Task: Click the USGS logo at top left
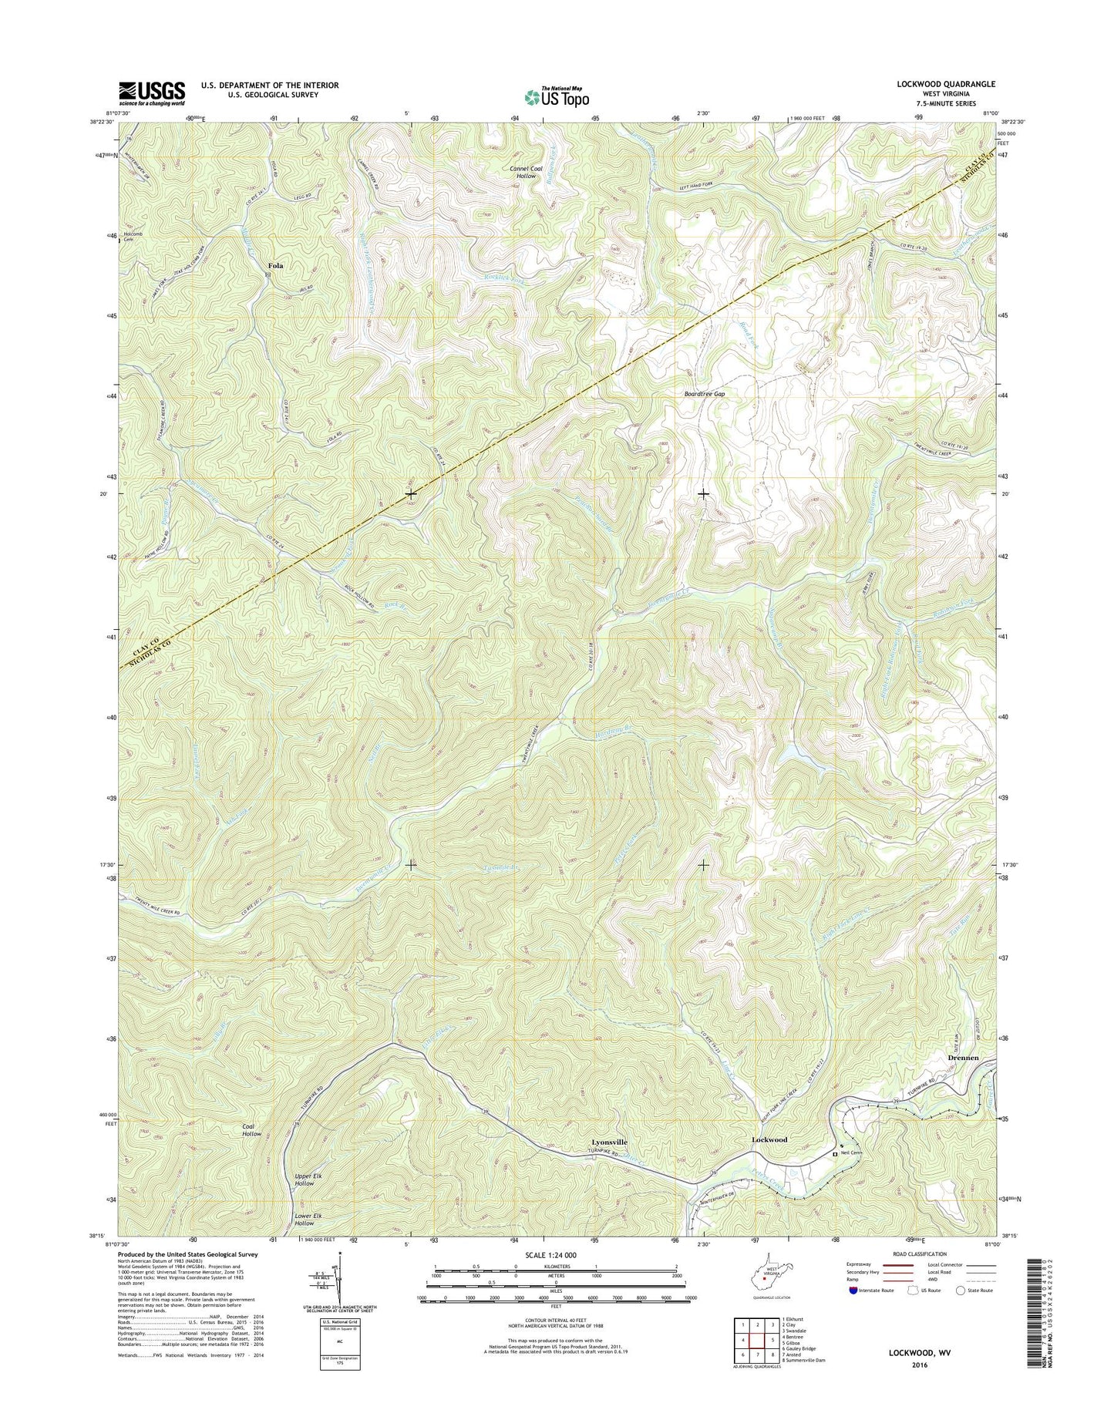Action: (152, 93)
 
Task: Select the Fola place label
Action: (275, 265)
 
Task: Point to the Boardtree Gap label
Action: (705, 393)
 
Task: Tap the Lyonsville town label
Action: (609, 1141)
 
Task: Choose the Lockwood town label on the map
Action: (769, 1139)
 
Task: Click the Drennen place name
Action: (962, 1058)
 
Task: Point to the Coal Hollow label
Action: (252, 1130)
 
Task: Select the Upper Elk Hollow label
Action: (305, 1179)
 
